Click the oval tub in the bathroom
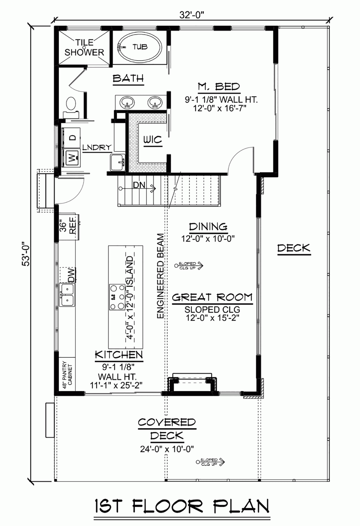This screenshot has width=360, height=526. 140,47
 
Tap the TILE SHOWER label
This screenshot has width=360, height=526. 84,47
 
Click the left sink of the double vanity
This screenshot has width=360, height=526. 127,102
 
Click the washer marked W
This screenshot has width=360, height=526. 72,158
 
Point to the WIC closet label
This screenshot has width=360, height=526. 152,140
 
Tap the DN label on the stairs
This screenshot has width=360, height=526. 139,185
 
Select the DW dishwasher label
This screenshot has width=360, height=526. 71,275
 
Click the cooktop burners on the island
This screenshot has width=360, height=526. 117,297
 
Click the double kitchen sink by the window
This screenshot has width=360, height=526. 67,295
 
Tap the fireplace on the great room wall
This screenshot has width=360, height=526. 192,384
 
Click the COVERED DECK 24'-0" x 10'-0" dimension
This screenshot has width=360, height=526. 167,449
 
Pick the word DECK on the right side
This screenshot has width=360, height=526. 294,248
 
